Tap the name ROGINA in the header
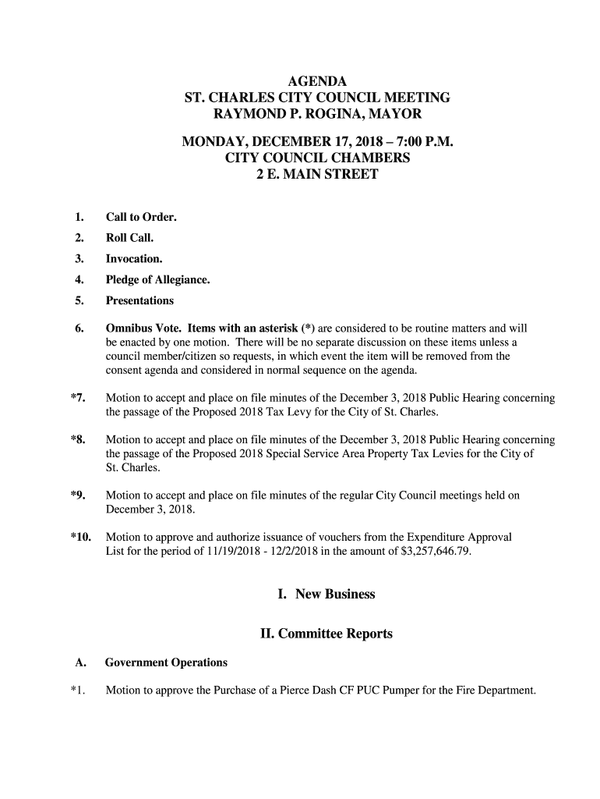(337, 114)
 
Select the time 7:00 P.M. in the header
(418, 142)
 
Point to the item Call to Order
(141, 216)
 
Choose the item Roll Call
(129, 237)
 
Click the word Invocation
(134, 258)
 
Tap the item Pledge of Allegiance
(157, 279)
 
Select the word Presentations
(139, 300)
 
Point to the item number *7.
(77, 398)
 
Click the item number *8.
(77, 440)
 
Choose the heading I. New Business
(326, 595)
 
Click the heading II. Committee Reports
(326, 634)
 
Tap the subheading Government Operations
(166, 662)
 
